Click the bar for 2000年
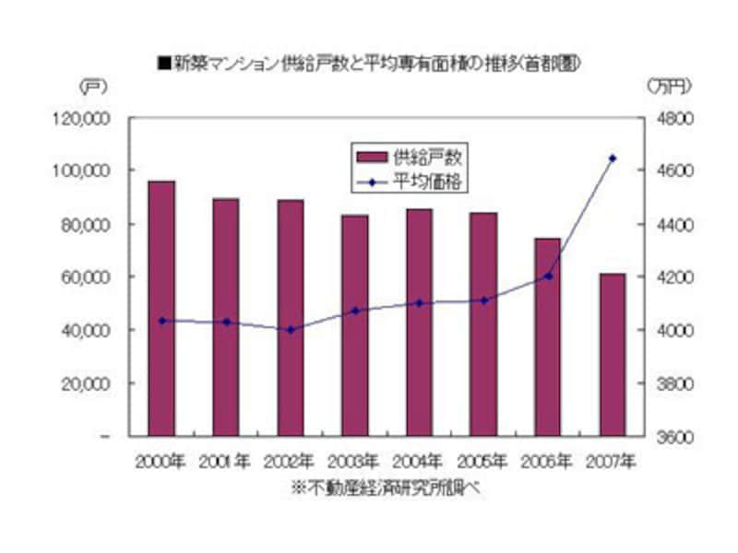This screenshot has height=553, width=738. (x=161, y=308)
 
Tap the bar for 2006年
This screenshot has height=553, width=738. (x=548, y=336)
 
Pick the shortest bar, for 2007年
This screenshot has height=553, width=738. (x=613, y=354)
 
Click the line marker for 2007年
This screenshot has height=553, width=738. (x=613, y=159)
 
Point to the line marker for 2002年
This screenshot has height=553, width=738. (x=291, y=329)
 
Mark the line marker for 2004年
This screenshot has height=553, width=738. (x=420, y=302)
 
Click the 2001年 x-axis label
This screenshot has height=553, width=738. (x=226, y=460)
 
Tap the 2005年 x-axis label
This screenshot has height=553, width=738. (x=483, y=460)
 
